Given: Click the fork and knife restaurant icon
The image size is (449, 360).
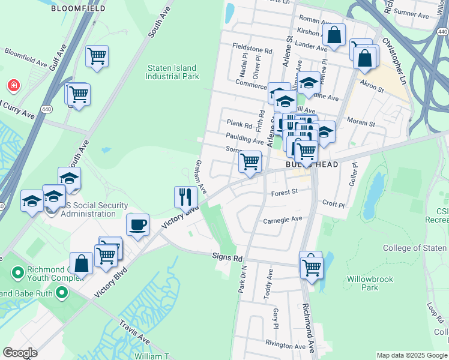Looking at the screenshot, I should click(185, 196).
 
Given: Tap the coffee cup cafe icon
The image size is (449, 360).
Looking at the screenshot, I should click(137, 225).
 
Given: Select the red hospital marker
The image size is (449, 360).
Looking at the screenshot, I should click(13, 86).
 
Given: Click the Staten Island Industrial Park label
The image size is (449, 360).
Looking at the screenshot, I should click(172, 73).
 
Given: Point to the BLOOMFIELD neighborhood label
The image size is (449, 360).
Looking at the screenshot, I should click(78, 9).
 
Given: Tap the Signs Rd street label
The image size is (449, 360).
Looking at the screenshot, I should click(227, 257).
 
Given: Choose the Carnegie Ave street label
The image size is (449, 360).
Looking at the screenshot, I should click(282, 220).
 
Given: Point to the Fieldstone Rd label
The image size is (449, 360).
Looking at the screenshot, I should click(252, 52).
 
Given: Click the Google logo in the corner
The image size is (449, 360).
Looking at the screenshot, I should click(20, 353).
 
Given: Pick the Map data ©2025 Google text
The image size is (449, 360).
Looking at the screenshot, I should click(412, 355).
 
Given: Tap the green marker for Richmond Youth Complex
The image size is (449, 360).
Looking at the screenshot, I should click(18, 273).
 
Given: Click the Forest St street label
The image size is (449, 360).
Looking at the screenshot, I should click(285, 193).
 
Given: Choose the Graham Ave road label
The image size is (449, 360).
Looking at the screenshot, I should click(200, 176).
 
